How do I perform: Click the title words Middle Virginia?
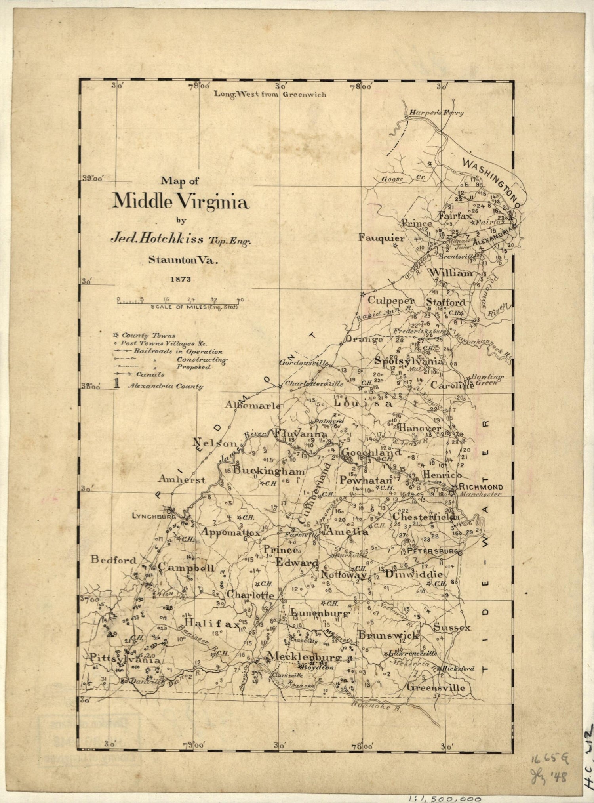tap(181, 202)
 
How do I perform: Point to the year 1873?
tap(181, 279)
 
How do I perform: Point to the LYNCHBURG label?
tap(148, 516)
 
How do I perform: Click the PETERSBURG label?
tap(432, 551)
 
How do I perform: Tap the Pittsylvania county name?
tap(125, 660)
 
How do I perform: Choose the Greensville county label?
tap(436, 687)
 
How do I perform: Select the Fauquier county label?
tap(381, 238)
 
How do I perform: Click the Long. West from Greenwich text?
tap(270, 94)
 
